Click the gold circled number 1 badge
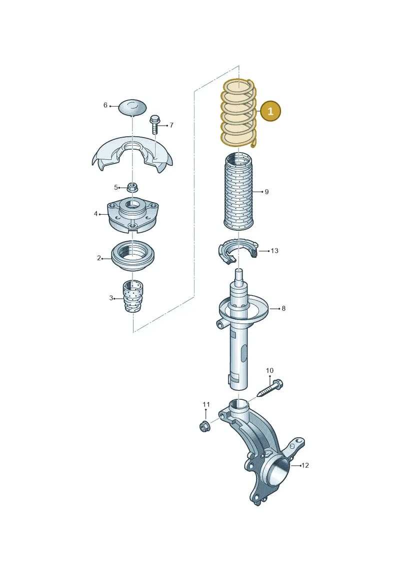(x=270, y=111)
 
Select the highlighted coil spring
(x=239, y=114)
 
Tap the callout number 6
(x=105, y=105)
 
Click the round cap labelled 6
(x=132, y=107)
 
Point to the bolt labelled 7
(x=154, y=124)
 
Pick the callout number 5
(x=116, y=187)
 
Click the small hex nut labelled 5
(x=132, y=187)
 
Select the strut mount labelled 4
(x=132, y=215)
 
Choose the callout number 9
(x=266, y=192)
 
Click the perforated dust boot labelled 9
(x=239, y=192)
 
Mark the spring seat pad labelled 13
(x=238, y=251)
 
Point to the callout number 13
(x=274, y=251)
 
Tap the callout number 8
(x=283, y=308)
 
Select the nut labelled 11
(x=204, y=426)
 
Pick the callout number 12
(x=305, y=465)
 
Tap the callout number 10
(x=270, y=370)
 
